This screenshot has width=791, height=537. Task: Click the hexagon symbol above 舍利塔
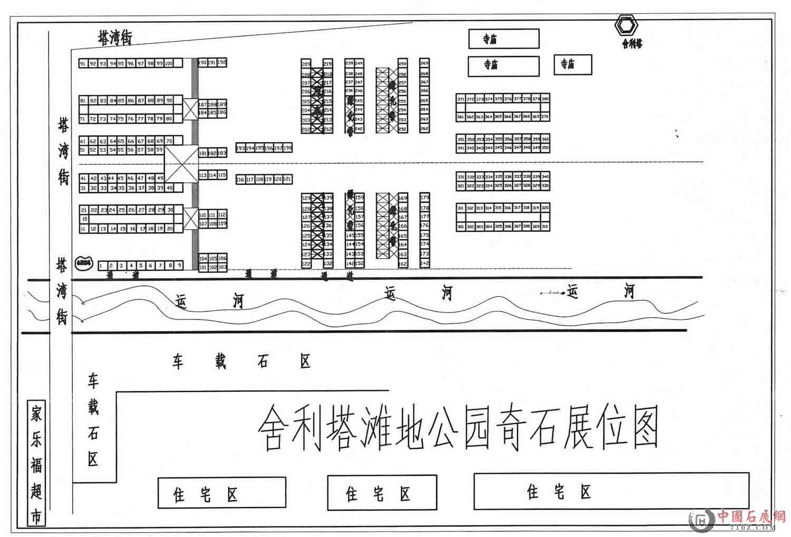[x=627, y=25]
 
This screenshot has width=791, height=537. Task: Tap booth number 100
[x=169, y=63]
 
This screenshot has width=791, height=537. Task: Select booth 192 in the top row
[x=221, y=62]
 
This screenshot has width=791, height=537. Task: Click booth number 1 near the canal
[x=101, y=266]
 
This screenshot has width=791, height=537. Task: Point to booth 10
[x=84, y=219]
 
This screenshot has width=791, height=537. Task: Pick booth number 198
[x=287, y=148]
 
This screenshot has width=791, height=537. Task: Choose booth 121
[x=287, y=180]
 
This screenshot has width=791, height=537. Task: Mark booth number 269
[x=425, y=63]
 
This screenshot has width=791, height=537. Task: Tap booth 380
[x=545, y=99]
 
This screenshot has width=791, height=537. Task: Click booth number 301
[x=460, y=227]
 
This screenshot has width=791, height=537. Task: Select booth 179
[x=425, y=197]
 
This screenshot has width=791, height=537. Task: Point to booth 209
[x=306, y=64]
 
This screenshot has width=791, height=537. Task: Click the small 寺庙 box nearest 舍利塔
[x=573, y=64]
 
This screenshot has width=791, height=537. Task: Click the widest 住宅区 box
[x=611, y=491]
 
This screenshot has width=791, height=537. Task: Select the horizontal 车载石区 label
[x=242, y=362]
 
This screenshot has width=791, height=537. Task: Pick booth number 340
[x=545, y=176]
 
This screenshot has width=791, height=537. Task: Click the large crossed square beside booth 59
[x=181, y=165]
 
